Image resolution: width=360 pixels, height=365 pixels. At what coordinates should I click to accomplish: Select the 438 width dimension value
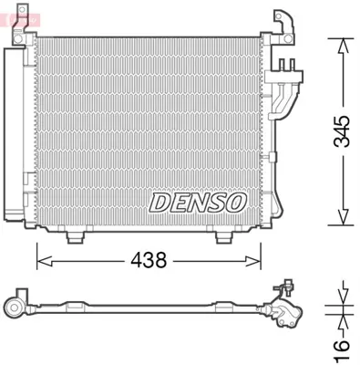(148, 260)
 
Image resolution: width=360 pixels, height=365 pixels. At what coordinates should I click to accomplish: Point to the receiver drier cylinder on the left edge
(13, 137)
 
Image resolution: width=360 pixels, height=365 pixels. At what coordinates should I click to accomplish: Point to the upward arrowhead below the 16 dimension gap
(341, 321)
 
